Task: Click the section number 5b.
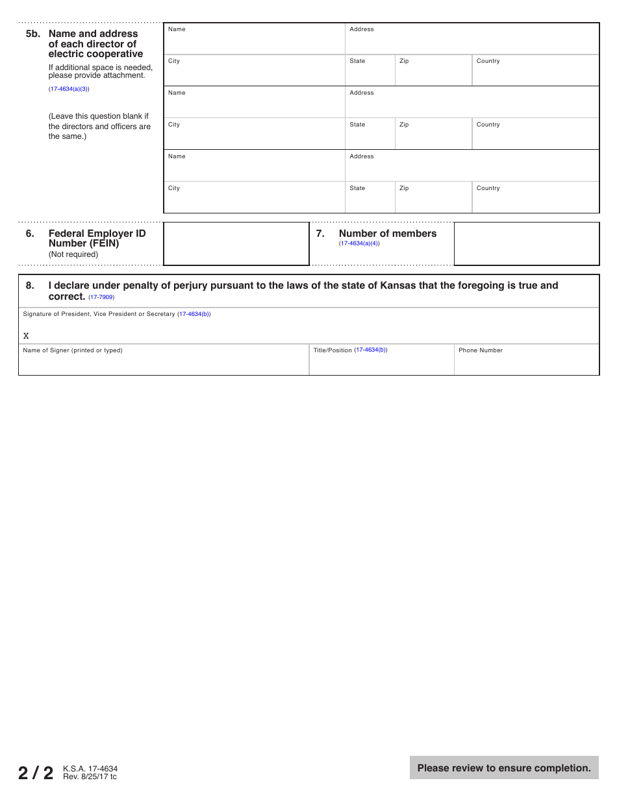32,34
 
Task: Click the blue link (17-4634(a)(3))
69,89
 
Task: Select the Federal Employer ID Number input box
236,244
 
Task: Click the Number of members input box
526,244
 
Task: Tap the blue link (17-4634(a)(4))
359,243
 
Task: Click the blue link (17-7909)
101,297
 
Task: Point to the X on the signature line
26,336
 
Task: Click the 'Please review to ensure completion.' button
504,768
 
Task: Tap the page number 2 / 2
36,773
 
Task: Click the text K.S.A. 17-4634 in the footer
90,769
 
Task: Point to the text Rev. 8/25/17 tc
90,777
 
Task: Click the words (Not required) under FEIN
73,254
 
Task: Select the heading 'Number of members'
388,234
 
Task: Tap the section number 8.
30,285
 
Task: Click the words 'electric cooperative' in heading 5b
95,54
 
